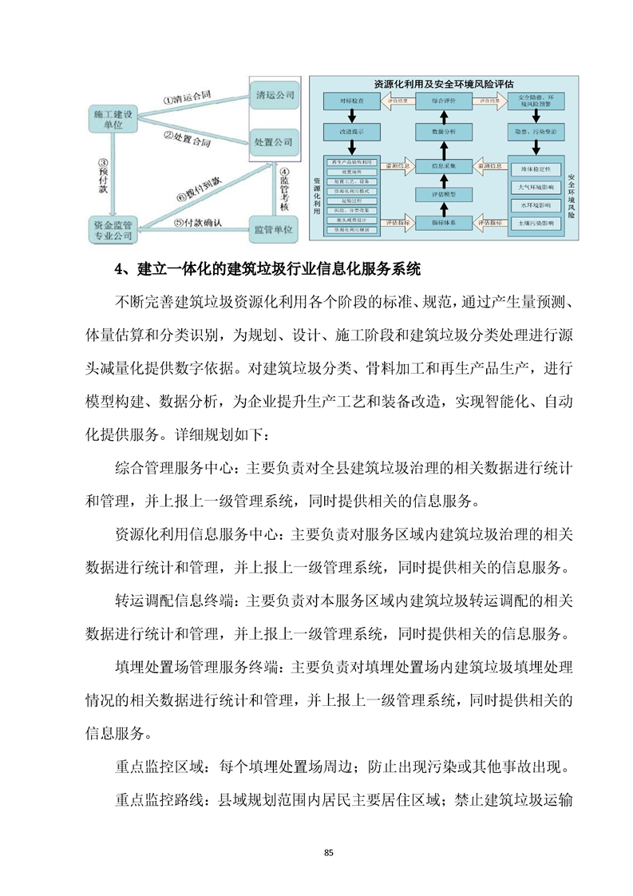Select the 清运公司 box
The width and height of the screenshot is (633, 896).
pos(275,95)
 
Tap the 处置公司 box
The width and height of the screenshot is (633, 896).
pos(274,141)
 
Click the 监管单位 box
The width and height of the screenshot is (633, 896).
pos(274,229)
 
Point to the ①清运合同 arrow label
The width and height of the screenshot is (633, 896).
pos(187,100)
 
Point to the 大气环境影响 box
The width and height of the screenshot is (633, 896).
pos(536,188)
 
